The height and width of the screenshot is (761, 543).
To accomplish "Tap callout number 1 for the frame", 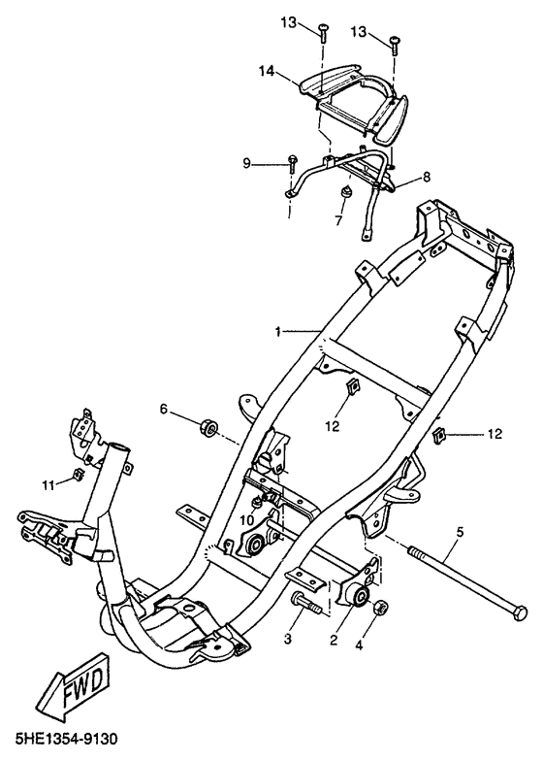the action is tap(277, 332).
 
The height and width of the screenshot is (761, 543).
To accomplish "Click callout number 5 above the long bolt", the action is tap(460, 531).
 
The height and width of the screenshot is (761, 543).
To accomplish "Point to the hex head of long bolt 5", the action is tap(519, 613).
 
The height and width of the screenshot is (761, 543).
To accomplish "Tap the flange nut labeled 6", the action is tap(208, 427).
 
